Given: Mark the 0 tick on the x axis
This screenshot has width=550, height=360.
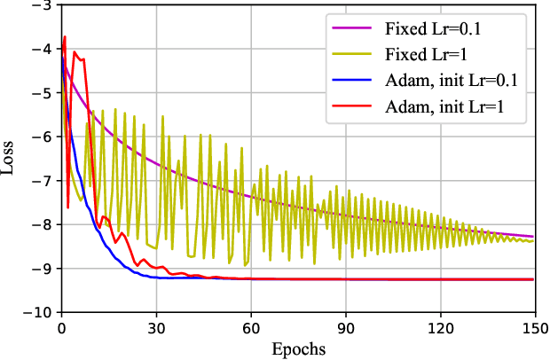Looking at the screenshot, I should click(61, 326).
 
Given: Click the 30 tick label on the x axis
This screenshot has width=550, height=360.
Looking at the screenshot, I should click(156, 326).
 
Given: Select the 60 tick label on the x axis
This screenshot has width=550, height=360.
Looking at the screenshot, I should click(251, 326).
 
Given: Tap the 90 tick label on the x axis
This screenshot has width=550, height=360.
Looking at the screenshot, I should click(346, 326).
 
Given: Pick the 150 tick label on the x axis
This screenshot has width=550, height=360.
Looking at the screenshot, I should click(535, 326).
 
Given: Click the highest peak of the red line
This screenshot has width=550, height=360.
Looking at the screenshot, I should click(65, 36).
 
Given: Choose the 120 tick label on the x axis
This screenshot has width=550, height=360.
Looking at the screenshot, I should click(441, 326).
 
